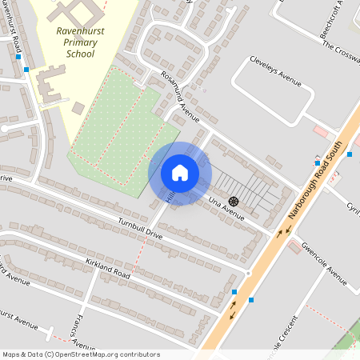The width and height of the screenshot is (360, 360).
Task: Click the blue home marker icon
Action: [x=180, y=173]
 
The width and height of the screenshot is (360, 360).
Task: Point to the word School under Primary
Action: [x=77, y=54]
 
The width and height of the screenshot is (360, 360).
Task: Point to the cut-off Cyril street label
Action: [x=353, y=206]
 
